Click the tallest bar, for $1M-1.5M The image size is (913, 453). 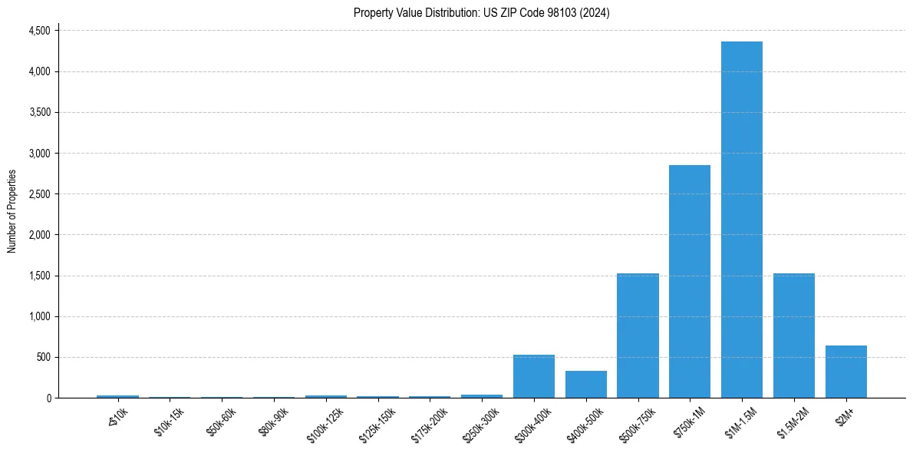[742, 220]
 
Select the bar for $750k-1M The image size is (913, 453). [690, 281]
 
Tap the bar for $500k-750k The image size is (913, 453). [638, 336]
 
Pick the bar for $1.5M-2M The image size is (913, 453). [794, 336]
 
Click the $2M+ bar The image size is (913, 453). [846, 372]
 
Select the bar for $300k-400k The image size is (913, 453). [534, 376]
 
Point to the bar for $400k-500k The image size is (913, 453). [586, 384]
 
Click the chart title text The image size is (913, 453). [481, 12]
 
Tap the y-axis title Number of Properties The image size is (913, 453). [12, 211]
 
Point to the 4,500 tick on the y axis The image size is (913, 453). [38, 31]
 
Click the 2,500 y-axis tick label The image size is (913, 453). [38, 194]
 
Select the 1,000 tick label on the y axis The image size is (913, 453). [38, 316]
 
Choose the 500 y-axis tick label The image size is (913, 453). [44, 357]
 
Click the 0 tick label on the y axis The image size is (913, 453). [48, 398]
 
